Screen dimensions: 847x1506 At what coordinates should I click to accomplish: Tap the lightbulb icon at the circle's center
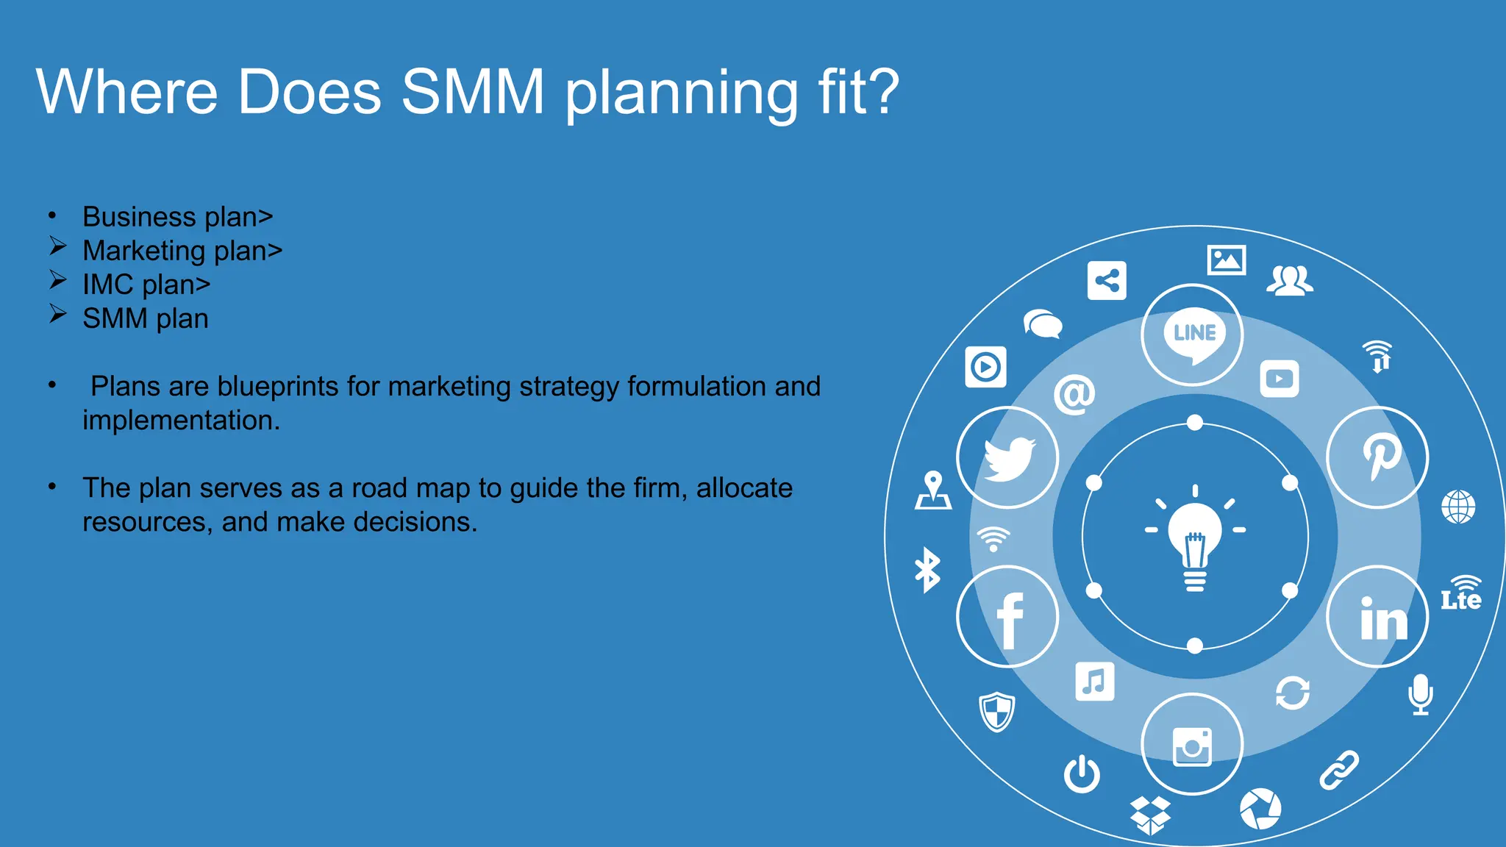pos(1195,537)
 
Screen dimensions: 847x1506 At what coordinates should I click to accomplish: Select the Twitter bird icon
pos(1008,458)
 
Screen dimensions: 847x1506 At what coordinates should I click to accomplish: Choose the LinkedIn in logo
pos(1382,618)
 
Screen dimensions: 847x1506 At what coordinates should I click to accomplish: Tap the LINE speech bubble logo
pos(1193,335)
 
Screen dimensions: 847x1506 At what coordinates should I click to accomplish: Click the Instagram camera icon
pos(1192,746)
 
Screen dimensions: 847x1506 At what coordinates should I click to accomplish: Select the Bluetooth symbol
pos(927,570)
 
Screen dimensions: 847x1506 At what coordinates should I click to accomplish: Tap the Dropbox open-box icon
pos(1150,815)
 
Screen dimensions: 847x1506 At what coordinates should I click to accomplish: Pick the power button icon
pos(1082,774)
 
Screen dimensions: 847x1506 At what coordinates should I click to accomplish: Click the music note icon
pos(1094,682)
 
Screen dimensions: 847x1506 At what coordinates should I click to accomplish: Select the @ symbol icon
pos(1074,395)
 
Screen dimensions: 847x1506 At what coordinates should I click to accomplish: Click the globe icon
pos(1458,507)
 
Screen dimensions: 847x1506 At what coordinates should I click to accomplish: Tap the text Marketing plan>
pos(182,251)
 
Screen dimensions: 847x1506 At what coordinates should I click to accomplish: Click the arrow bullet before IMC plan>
pos(58,280)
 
